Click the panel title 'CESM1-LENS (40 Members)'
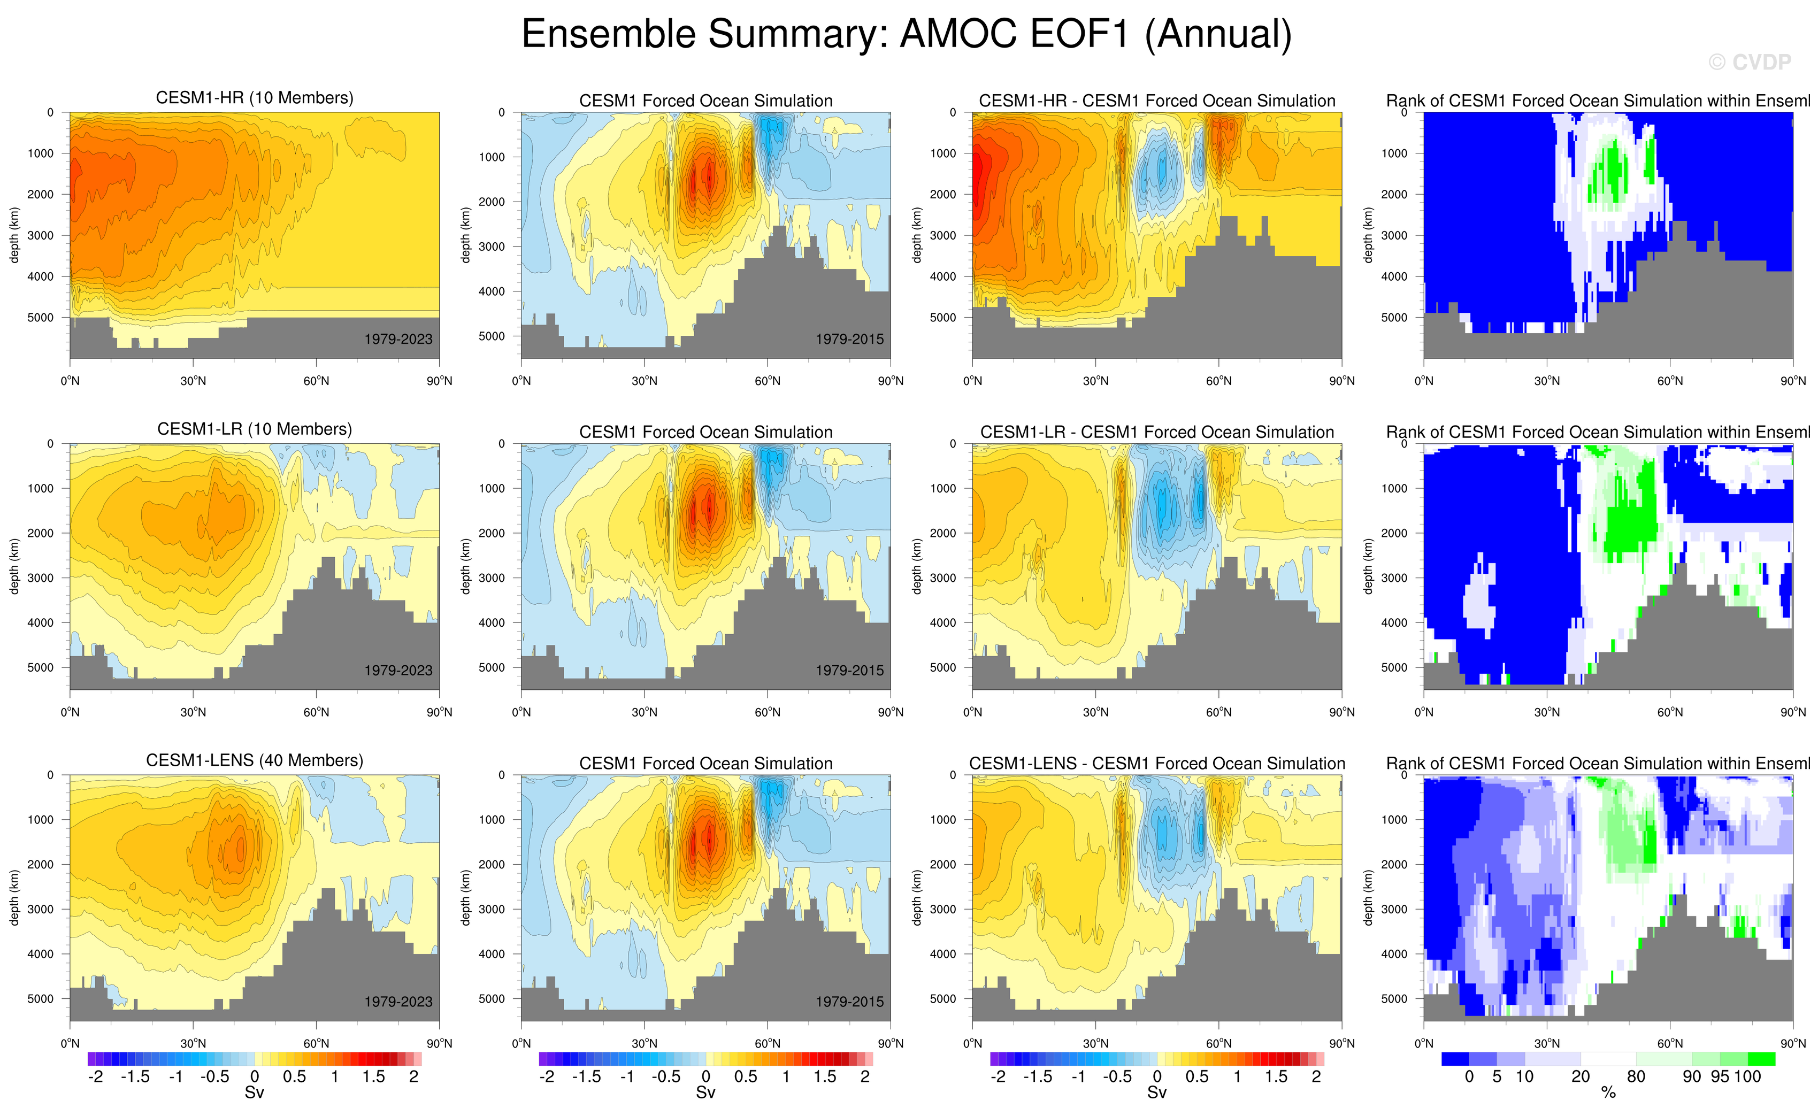pos(255,760)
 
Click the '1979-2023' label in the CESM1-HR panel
pos(398,339)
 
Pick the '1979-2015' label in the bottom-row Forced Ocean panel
pos(849,1002)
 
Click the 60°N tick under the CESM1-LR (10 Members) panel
pos(316,712)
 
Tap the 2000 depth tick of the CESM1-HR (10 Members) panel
pos(41,194)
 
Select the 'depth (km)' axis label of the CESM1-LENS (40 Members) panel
pos(14,897)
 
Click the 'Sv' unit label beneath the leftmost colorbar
pos(254,1093)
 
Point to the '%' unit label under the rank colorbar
pos(1608,1093)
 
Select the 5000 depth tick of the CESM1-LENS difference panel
pos(943,999)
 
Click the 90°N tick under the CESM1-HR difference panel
pos(1341,381)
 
